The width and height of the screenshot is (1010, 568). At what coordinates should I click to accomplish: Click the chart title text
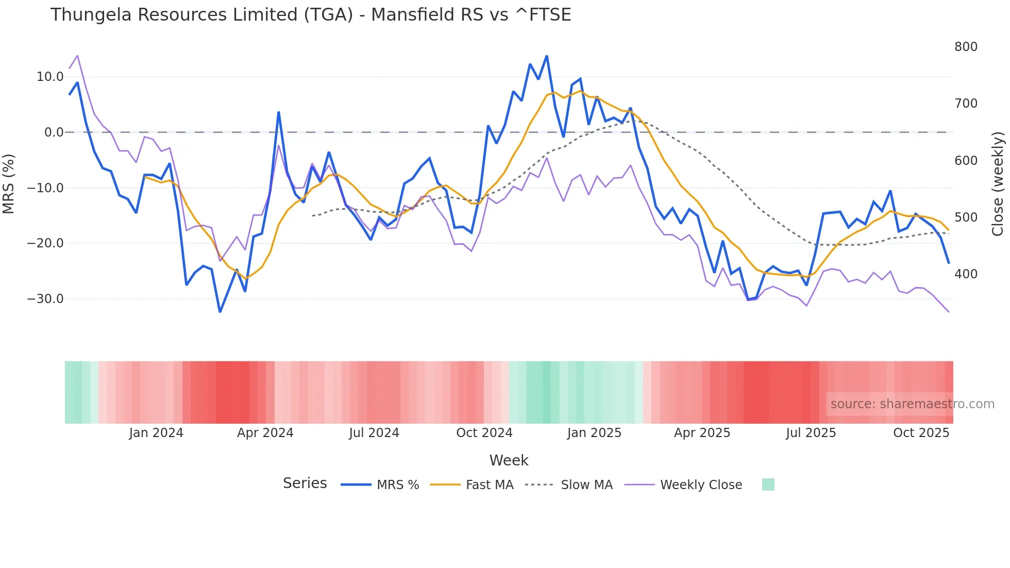coord(310,15)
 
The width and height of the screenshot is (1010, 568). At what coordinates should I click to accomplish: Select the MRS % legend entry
coord(397,485)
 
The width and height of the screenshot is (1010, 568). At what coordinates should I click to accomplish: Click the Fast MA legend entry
coord(489,485)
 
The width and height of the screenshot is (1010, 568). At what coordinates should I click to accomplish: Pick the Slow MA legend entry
coord(586,485)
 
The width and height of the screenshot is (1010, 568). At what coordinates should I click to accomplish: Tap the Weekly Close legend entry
coord(701,485)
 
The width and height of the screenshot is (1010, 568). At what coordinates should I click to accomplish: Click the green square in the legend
coord(768,485)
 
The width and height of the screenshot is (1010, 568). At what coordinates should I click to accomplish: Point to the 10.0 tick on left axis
coord(50,77)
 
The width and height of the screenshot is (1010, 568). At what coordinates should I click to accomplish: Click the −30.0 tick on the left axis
coord(45,299)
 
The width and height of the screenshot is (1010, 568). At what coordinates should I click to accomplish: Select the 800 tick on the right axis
coord(966,47)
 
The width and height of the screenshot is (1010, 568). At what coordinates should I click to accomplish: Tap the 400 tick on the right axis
coord(966,274)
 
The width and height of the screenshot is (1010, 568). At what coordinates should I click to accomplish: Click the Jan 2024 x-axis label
coord(156,433)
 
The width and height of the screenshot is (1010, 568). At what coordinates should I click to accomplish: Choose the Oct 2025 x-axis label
coord(921,433)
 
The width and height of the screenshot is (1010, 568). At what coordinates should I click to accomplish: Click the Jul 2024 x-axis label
coord(374,433)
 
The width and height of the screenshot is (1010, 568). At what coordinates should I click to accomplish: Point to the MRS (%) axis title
coord(9,184)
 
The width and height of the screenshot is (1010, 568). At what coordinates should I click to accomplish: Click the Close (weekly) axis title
coord(998,184)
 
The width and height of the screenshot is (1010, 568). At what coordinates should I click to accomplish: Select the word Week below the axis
coord(509,460)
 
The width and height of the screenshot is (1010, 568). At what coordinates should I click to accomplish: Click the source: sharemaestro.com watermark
coord(912,404)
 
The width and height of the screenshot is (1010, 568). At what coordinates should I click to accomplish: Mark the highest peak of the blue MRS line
coord(547,56)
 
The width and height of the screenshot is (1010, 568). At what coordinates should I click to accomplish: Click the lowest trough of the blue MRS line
coord(220,312)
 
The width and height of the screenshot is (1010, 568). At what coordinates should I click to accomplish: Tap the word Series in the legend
coord(305,483)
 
